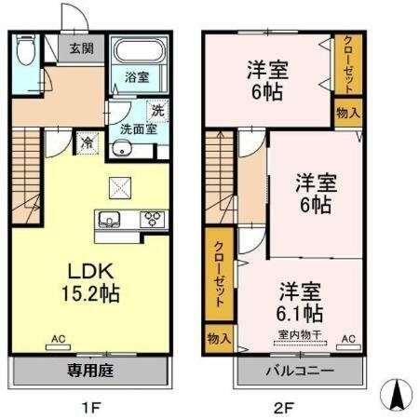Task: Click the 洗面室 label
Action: [137, 129]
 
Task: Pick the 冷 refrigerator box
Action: [86, 142]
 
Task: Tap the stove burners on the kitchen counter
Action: [151, 221]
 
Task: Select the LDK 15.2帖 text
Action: [91, 280]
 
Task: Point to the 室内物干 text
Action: [298, 334]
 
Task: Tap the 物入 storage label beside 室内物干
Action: [220, 338]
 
